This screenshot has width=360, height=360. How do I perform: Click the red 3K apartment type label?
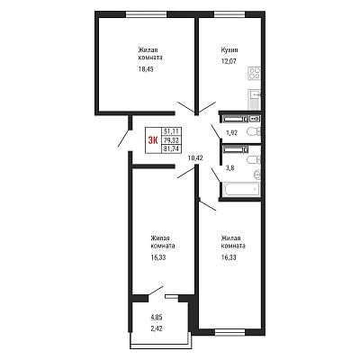tap(153, 140)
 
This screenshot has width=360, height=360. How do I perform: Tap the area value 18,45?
tap(146, 69)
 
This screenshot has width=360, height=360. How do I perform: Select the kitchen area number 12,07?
tap(229, 62)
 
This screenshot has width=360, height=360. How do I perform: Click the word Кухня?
tap(229, 50)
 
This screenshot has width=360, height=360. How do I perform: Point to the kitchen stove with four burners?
tap(255, 74)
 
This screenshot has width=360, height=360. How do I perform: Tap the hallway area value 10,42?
tap(195, 157)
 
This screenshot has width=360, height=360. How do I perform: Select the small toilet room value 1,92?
tap(231, 133)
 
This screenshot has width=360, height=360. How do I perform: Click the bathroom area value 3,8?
tap(229, 168)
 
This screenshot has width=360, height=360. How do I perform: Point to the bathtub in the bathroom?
tap(241, 189)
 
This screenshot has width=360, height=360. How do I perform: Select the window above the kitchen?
tap(229, 14)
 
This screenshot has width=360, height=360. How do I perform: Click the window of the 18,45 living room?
tap(146, 14)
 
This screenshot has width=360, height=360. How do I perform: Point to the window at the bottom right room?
tap(230, 332)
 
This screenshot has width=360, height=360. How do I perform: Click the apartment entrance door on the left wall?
tap(124, 138)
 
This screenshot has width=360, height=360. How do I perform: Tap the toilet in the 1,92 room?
tap(254, 131)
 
